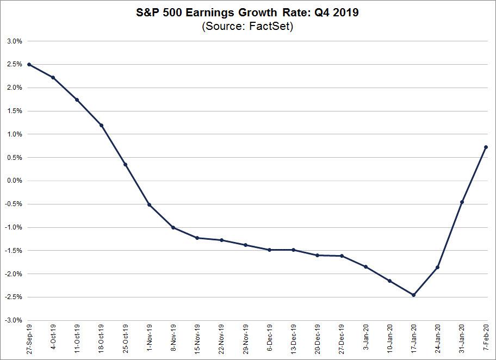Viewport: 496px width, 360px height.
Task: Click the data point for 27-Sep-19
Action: pos(28,64)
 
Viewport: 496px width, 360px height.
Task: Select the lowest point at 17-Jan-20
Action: pos(413,295)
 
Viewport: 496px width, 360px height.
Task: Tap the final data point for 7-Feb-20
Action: pos(486,147)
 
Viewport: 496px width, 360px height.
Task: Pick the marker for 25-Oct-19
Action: pos(125,164)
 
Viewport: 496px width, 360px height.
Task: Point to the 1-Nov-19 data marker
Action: pos(149,205)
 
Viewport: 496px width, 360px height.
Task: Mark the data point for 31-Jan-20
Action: pos(462,202)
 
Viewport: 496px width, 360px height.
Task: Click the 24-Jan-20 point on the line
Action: pos(437,268)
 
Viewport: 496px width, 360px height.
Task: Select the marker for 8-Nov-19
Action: pos(173,227)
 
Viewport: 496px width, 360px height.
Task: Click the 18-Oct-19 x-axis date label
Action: pos(101,339)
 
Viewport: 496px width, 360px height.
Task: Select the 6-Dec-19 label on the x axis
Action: pos(269,339)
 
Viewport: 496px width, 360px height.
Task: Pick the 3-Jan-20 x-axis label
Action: pos(365,339)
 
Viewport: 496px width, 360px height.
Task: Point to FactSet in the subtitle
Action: pos(270,26)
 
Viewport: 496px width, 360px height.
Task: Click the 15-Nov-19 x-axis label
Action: pos(197,339)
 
